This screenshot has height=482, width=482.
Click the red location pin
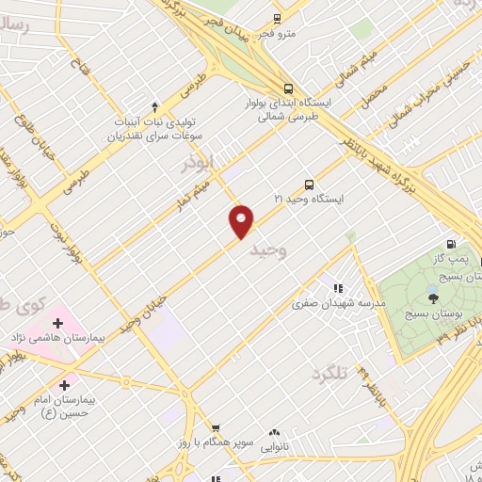click(x=242, y=220)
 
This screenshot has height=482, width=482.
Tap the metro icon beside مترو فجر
click(x=277, y=18)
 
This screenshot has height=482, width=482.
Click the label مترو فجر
click(x=279, y=34)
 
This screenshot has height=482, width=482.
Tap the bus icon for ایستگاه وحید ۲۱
click(x=309, y=185)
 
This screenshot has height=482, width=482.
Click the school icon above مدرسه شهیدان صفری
click(x=338, y=288)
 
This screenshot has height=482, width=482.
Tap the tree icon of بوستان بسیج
click(x=433, y=297)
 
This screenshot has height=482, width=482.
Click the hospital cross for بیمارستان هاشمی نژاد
click(x=58, y=323)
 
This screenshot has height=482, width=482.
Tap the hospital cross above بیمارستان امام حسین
click(x=64, y=384)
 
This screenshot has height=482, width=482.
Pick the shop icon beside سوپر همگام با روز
click(x=216, y=427)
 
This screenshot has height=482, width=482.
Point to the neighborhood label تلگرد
click(x=329, y=374)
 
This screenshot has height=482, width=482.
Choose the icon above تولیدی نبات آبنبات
click(x=155, y=106)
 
